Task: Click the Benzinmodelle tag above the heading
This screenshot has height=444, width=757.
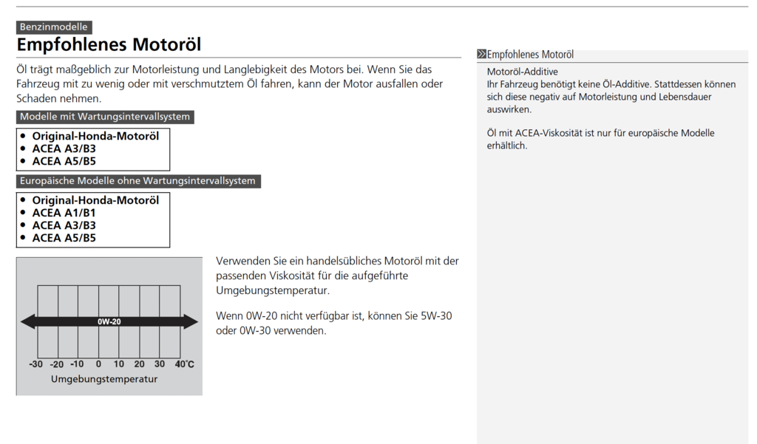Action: coord(54,27)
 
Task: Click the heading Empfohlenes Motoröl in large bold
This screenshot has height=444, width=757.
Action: coord(109,45)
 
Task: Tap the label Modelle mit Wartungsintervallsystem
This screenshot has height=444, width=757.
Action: coord(105,117)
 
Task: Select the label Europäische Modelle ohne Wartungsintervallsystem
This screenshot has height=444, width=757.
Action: coord(138,181)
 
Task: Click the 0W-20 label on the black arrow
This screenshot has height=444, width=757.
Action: coord(109,321)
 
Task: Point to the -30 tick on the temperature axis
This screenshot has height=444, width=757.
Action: coord(35,364)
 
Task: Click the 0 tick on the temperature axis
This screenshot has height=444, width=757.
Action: coord(98,364)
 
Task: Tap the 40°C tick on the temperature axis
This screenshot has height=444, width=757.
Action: coord(184,364)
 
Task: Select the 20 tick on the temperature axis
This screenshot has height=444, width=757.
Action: coord(139,364)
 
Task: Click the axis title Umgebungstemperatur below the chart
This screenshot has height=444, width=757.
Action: coord(104,379)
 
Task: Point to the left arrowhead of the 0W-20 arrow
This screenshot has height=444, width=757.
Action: coord(27,321)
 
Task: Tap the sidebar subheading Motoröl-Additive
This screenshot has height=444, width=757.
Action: coord(522,72)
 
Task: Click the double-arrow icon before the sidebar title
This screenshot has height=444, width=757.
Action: coord(482,55)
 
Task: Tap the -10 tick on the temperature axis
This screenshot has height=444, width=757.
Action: coord(77,364)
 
